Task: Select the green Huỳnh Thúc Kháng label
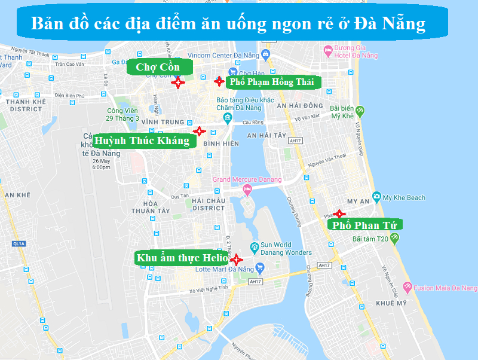(x=142, y=141)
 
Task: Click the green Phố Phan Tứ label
(x=364, y=225)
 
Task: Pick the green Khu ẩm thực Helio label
(x=182, y=258)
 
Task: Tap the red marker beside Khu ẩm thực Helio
(x=236, y=260)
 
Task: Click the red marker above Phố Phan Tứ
(x=339, y=213)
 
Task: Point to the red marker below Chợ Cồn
(x=176, y=83)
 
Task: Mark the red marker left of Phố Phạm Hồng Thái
(x=219, y=81)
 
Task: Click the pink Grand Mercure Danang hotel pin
(x=247, y=190)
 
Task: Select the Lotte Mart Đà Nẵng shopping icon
(x=259, y=267)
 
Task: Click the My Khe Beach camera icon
(x=376, y=197)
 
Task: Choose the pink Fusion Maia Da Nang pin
(x=407, y=288)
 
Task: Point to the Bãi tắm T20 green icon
(x=395, y=238)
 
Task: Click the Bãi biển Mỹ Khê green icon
(x=360, y=111)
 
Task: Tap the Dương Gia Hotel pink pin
(x=327, y=50)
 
